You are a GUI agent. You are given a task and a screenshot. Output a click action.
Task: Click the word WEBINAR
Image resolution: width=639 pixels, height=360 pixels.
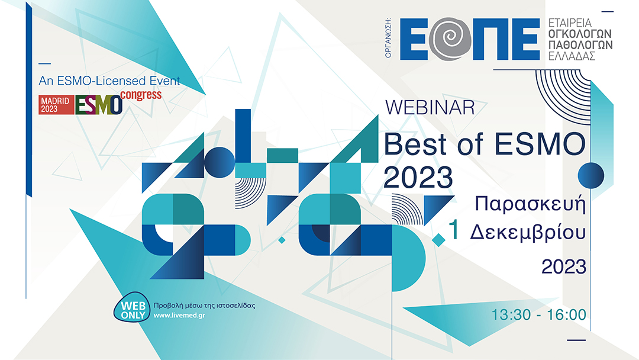point(430,108)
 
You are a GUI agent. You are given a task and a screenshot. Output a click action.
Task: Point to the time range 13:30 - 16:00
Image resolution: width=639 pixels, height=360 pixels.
point(538,314)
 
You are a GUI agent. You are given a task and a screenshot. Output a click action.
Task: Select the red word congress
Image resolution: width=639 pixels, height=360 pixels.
point(141,95)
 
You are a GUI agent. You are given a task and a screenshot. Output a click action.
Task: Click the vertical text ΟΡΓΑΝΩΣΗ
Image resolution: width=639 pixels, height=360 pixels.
point(389,39)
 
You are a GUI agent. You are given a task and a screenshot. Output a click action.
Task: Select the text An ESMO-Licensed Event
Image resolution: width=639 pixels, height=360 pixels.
point(109,81)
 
